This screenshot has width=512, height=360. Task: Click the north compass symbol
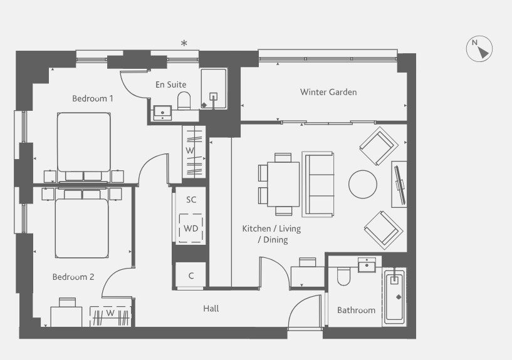pos(479,49)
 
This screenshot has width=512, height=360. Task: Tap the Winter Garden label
pos(328,92)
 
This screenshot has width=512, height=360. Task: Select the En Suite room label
pos(171,85)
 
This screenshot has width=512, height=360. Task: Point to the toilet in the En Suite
pos(184,100)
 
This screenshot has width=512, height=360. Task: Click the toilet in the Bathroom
pos(343,276)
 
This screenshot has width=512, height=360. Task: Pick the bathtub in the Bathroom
pos(394,297)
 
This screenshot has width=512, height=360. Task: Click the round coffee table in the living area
pos(363,184)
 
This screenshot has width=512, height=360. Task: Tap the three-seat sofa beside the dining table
pos(318,184)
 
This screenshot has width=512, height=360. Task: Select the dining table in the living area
pos(283,184)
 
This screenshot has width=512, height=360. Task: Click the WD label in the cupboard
pos(191,229)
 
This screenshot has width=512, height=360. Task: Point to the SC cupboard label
pos(191,200)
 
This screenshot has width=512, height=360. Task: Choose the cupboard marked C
pos(191,275)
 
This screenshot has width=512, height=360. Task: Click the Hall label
pos(211,309)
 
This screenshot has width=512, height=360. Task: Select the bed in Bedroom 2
pos(81,224)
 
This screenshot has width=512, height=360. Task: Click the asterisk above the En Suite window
pos(184,43)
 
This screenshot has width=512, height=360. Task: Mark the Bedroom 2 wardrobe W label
pos(110,313)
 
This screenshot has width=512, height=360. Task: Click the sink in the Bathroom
pos(367,264)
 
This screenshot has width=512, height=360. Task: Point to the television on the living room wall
pos(400,183)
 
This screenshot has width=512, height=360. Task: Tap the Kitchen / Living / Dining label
pos(272,234)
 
